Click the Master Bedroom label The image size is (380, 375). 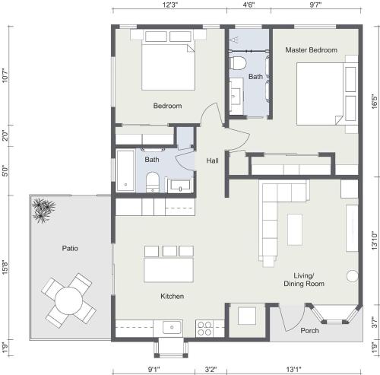point(312,50)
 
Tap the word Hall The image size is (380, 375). point(212,160)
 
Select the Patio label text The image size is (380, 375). point(70,248)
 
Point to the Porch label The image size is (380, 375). point(309,331)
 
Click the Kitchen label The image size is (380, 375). point(173,296)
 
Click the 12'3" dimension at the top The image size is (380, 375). point(170,5)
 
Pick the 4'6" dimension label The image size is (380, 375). point(249,5)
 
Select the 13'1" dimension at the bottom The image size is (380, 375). point(294,370)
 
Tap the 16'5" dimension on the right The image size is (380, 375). point(375,101)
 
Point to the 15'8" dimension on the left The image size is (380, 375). point(5,268)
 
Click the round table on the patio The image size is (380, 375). point(68,300)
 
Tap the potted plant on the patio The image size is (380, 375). point(43,210)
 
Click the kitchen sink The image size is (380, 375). point(172,327)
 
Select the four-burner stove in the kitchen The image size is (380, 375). point(204,329)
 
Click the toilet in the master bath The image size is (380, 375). point(237,63)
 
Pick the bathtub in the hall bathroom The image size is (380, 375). point(125,170)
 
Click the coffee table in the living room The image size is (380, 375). point(295,230)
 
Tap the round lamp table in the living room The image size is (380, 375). point(353,276)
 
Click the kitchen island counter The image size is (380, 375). point(169,270)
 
